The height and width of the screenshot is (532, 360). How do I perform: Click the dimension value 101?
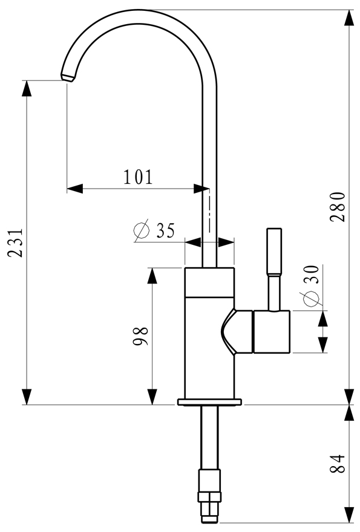(138, 177)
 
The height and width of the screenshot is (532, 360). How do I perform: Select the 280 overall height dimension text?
(338, 207)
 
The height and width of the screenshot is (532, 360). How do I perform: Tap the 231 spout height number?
(16, 243)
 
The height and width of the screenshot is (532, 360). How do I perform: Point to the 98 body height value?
(140, 336)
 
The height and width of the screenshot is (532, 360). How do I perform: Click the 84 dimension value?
(338, 464)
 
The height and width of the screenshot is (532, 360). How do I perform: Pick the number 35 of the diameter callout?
(165, 231)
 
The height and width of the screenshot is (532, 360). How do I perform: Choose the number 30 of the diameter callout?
(312, 274)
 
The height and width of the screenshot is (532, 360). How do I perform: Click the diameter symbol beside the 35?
(142, 230)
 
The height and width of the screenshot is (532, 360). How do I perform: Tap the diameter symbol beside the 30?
(311, 299)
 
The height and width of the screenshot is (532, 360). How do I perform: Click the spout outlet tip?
(67, 77)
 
